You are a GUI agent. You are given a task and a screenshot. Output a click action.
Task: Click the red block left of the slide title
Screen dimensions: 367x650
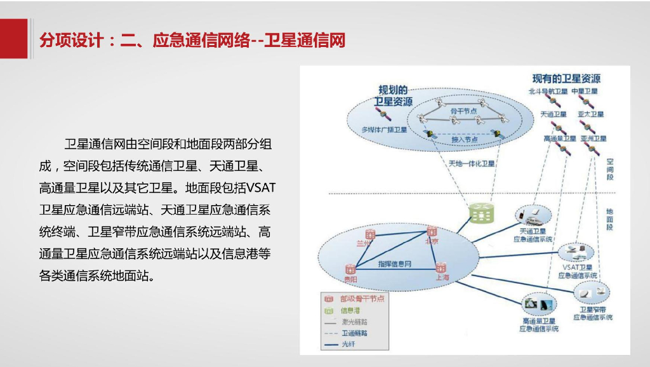pyautogui.click(x=13, y=39)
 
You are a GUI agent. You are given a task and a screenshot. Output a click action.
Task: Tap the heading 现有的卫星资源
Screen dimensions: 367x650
pyautogui.click(x=566, y=79)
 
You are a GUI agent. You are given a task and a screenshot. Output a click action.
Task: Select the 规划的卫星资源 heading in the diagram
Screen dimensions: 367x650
pyautogui.click(x=393, y=95)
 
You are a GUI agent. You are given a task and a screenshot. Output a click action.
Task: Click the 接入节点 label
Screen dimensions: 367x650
pyautogui.click(x=464, y=139)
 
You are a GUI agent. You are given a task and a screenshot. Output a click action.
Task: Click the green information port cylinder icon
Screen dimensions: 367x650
pyautogui.click(x=481, y=213)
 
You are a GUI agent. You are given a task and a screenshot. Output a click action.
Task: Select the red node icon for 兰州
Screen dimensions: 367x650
pyautogui.click(x=370, y=234)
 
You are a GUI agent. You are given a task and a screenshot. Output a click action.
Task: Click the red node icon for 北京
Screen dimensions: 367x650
pyautogui.click(x=432, y=231)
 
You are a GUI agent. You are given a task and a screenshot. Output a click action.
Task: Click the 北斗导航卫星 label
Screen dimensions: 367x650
pyautogui.click(x=547, y=91)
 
